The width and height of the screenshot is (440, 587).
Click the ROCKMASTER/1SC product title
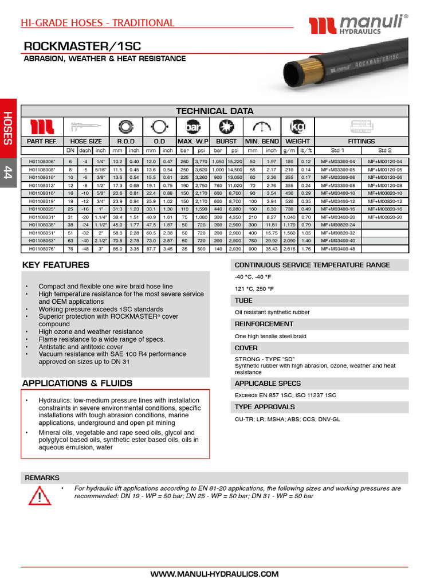(81, 46)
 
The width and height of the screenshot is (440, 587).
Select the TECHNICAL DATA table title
(214, 111)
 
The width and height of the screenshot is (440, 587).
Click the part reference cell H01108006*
(42, 162)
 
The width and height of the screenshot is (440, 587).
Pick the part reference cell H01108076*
(42, 249)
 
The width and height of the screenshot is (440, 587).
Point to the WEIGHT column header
(297, 141)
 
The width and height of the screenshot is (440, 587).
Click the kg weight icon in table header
(297, 126)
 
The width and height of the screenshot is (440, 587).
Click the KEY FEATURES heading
(56, 265)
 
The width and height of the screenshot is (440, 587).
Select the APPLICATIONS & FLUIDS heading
(77, 383)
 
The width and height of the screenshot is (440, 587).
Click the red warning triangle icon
(39, 494)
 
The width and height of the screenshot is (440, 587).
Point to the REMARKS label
(42, 478)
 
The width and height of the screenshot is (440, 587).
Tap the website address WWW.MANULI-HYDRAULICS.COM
(214, 574)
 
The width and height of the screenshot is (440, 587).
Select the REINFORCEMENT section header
(264, 324)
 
